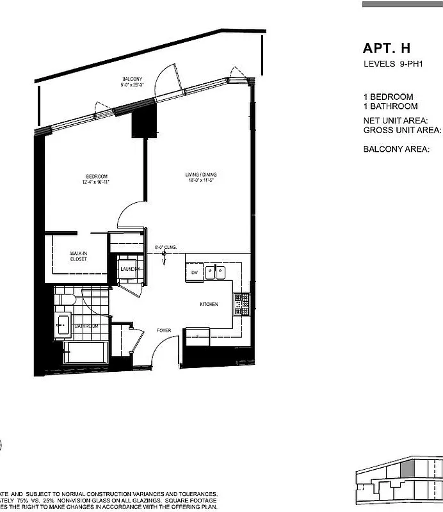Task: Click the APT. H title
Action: (x=386, y=49)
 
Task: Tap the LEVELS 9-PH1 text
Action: (x=388, y=64)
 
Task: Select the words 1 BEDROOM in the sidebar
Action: (x=389, y=97)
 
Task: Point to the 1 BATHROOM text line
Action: (x=391, y=106)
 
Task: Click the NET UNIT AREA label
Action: (x=395, y=120)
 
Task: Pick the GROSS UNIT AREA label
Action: (x=402, y=130)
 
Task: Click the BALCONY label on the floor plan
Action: (x=132, y=79)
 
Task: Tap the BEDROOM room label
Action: (x=97, y=177)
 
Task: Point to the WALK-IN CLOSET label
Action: (x=79, y=257)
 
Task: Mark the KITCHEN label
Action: (x=209, y=304)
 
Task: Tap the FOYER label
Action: (x=164, y=330)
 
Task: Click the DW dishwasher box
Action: (x=194, y=273)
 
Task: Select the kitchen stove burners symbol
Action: (x=241, y=305)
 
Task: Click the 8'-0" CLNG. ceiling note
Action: (x=165, y=247)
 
